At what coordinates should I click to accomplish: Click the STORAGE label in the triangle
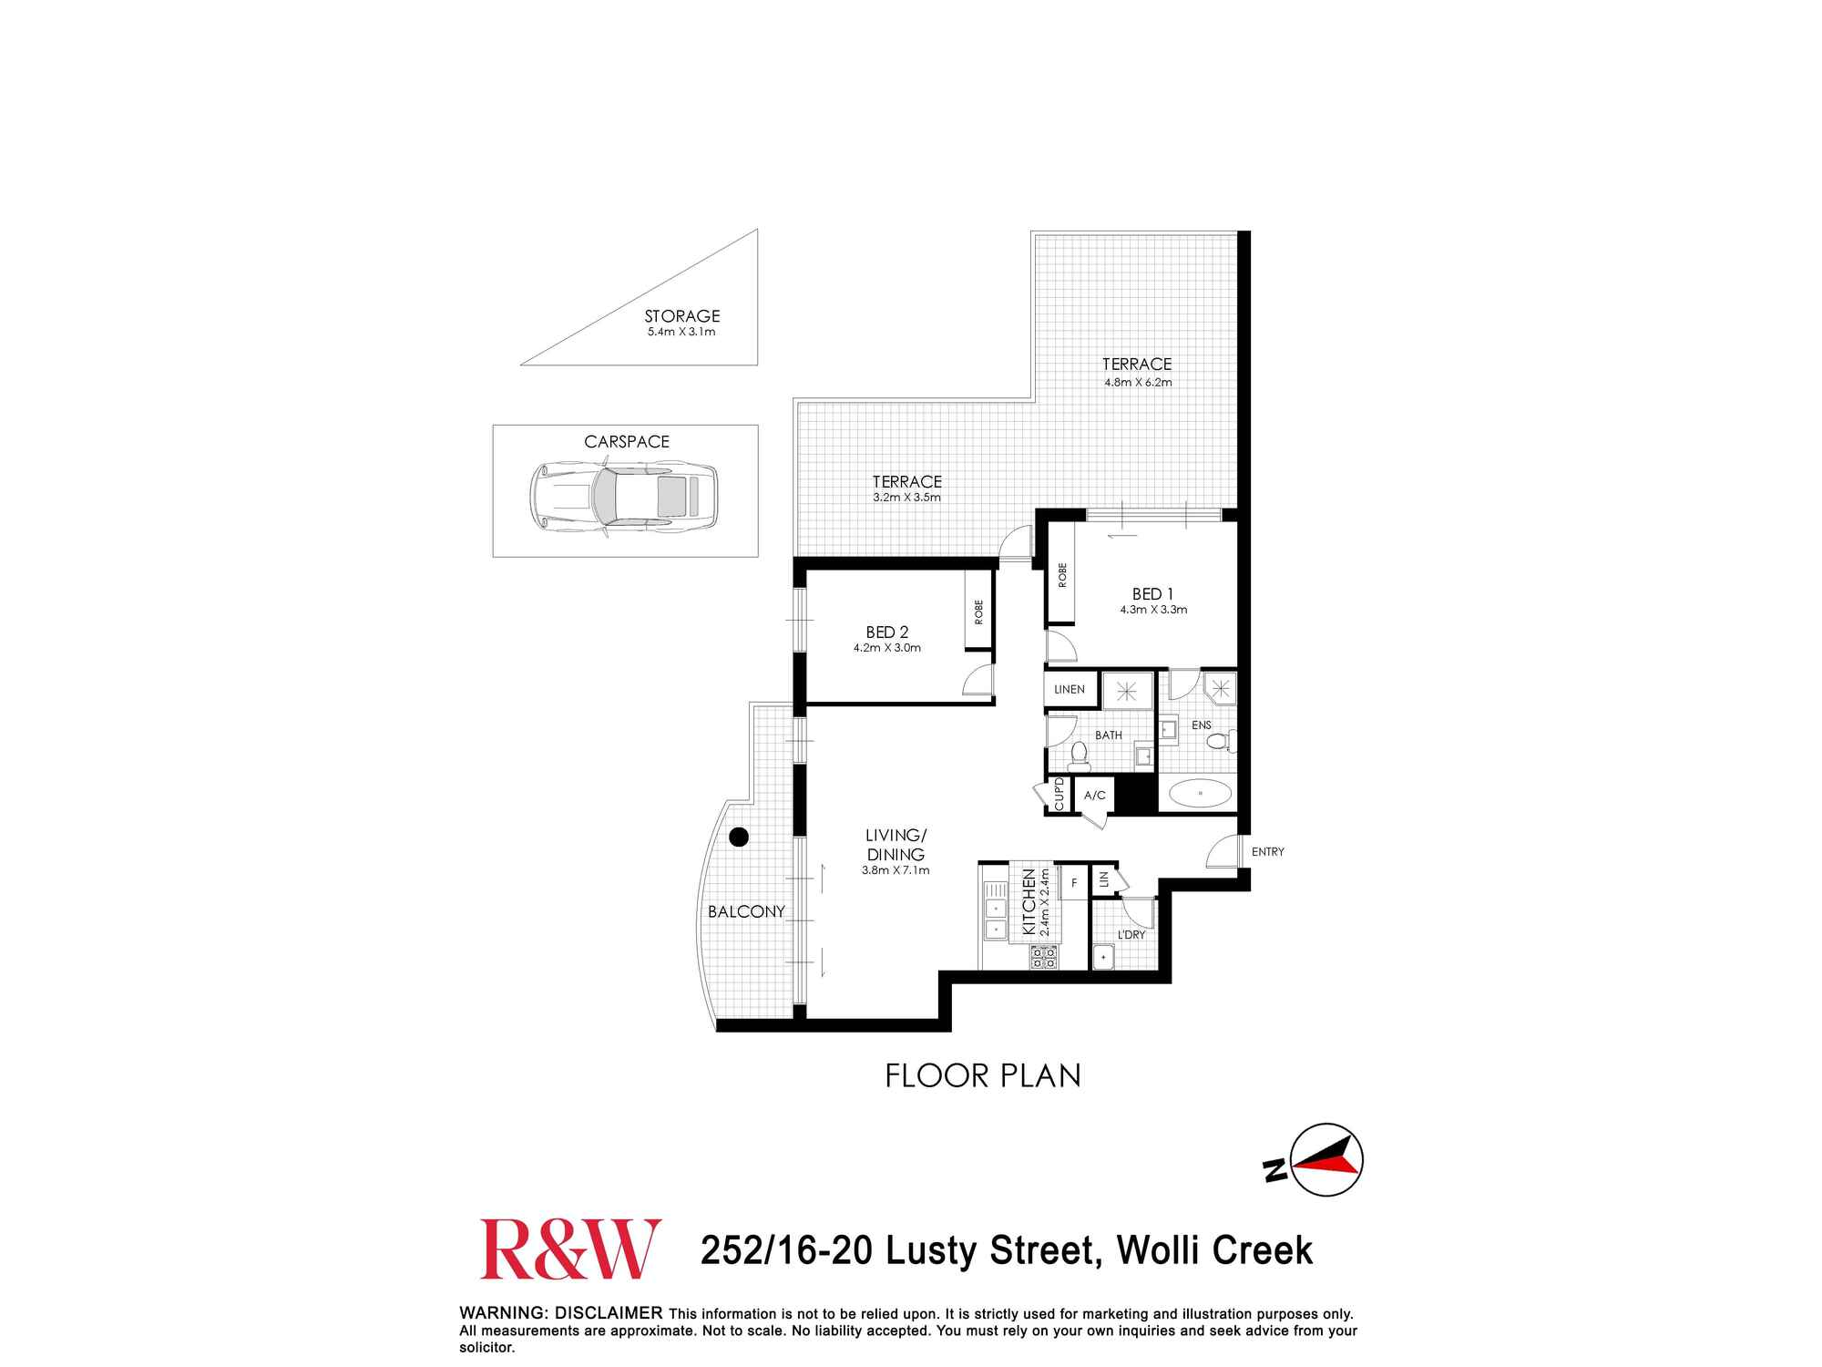click(x=682, y=316)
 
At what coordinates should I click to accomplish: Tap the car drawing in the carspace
click(x=624, y=497)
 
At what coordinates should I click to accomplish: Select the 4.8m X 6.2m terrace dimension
click(x=1138, y=383)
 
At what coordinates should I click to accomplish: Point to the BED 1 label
click(x=1152, y=594)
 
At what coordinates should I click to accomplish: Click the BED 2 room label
click(x=886, y=632)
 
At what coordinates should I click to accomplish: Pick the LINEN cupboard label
click(x=1070, y=689)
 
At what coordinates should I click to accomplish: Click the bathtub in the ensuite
click(x=1200, y=794)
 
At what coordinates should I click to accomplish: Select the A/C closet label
click(x=1094, y=796)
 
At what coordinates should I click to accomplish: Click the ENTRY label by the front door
click(x=1267, y=852)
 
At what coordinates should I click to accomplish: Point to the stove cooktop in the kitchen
click(x=1043, y=957)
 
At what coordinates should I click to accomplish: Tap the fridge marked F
click(x=1074, y=883)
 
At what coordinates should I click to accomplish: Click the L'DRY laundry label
click(x=1131, y=935)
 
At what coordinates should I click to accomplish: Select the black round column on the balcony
click(x=739, y=837)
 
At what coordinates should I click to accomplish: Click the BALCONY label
click(x=746, y=911)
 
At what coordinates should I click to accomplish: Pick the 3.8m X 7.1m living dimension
click(x=896, y=870)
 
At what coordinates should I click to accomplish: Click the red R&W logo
click(x=570, y=1249)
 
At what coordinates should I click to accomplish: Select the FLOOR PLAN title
click(x=982, y=1076)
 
